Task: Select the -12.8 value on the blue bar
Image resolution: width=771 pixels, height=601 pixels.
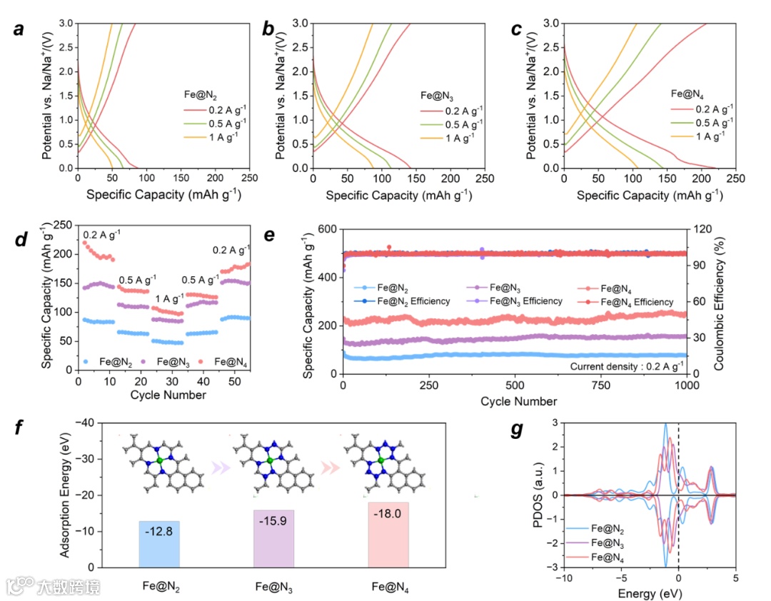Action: [x=160, y=532]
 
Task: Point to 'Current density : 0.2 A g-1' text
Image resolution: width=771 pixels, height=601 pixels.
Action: [x=624, y=367]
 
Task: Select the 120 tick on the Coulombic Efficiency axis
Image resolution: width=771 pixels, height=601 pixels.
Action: [x=698, y=229]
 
